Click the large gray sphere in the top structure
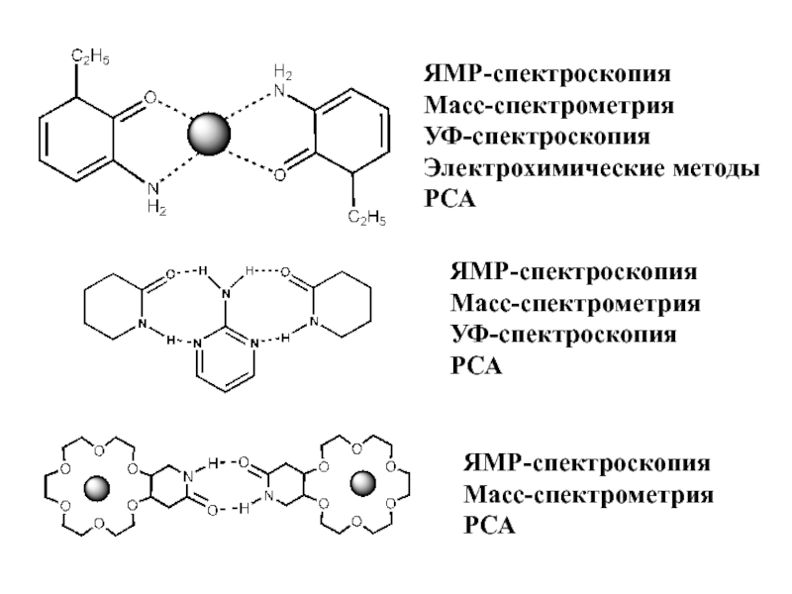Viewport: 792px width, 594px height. click(208, 133)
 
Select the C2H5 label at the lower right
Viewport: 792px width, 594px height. click(367, 217)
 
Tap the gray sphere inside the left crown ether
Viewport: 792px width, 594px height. click(97, 488)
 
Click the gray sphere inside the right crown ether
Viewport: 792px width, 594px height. click(364, 483)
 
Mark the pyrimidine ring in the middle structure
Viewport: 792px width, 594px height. click(225, 361)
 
